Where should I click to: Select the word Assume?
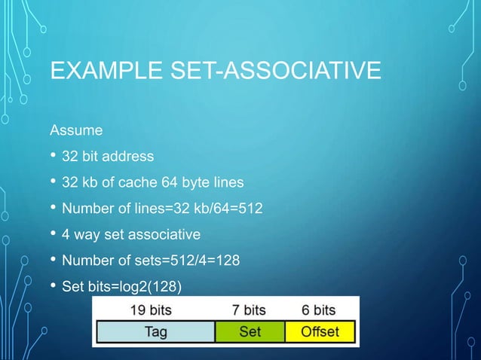(75, 132)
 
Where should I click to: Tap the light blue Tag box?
(155, 331)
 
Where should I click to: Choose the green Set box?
(250, 331)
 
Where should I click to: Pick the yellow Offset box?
(320, 331)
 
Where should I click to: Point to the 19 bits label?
(151, 310)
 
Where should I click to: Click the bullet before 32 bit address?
(53, 157)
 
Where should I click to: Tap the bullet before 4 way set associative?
(53, 236)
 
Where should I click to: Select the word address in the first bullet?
(130, 157)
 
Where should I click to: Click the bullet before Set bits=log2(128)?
(53, 288)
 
